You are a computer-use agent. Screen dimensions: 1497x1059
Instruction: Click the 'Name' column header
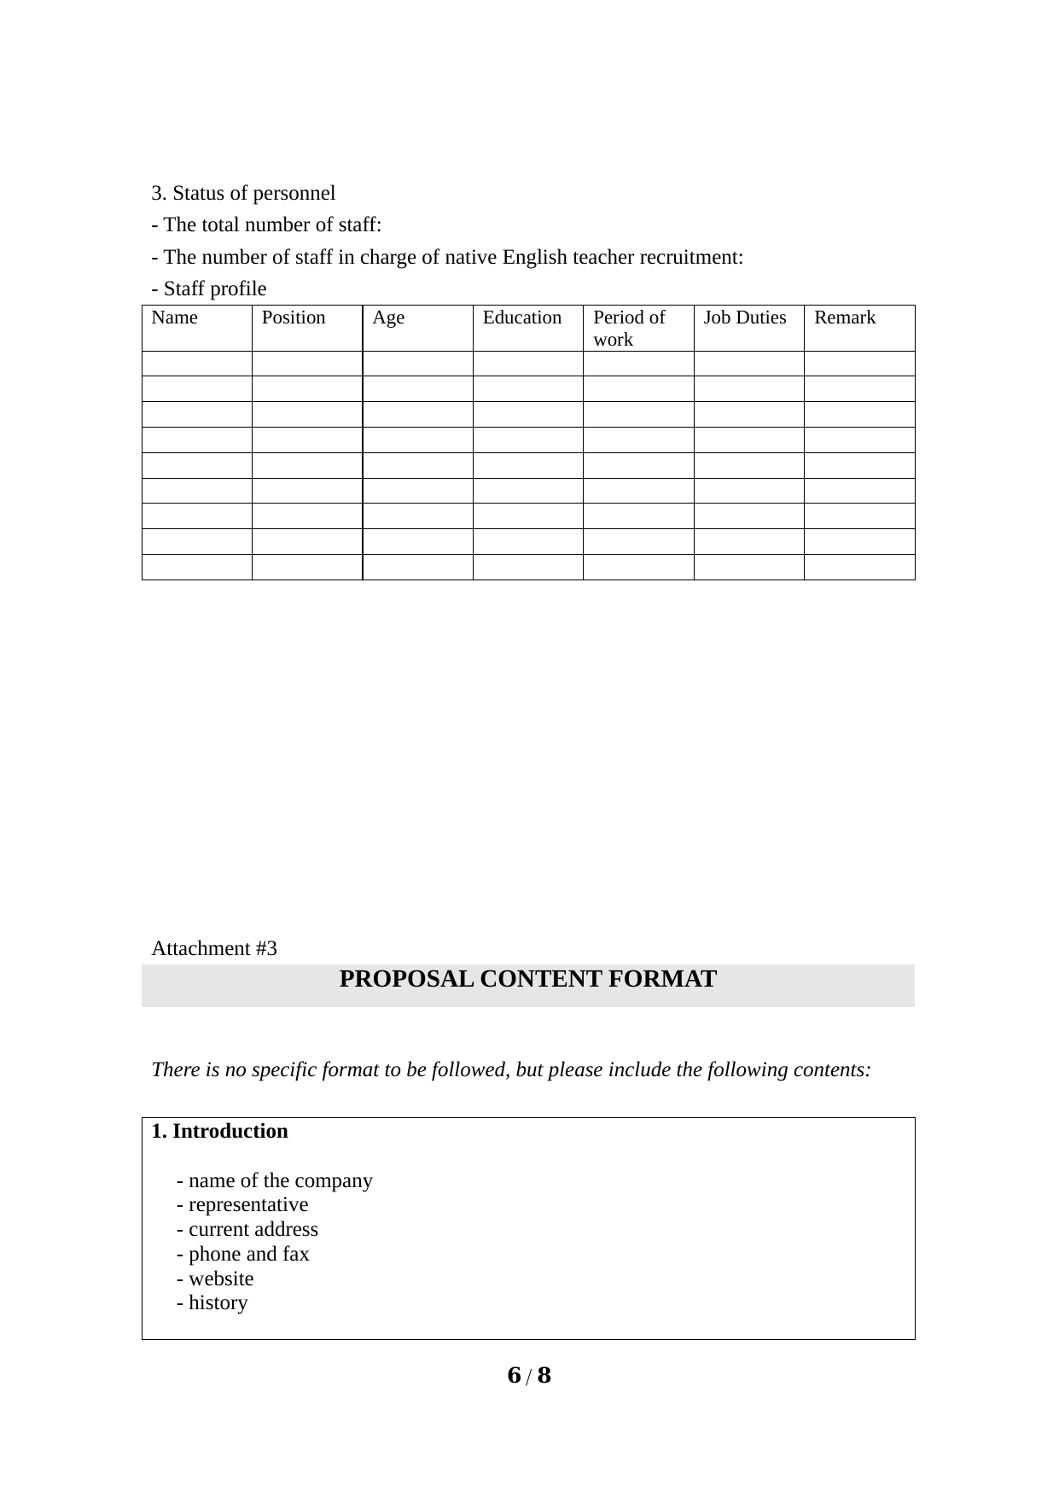click(x=174, y=318)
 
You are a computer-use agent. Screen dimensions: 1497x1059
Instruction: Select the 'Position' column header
click(x=294, y=318)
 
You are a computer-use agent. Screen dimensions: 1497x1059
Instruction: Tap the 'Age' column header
click(x=388, y=318)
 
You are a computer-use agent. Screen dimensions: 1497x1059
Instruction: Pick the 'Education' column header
click(x=522, y=318)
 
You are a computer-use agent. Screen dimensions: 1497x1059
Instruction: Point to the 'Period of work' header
click(x=629, y=329)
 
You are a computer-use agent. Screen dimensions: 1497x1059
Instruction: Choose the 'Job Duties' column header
click(x=745, y=318)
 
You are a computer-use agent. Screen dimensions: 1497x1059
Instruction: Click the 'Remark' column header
click(x=845, y=318)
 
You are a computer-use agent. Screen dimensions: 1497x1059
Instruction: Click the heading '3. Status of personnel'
click(x=243, y=194)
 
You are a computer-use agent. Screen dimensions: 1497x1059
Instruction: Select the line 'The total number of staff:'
click(x=266, y=225)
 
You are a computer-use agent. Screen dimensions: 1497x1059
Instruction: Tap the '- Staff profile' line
click(x=209, y=289)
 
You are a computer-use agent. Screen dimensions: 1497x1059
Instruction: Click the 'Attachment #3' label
click(x=214, y=949)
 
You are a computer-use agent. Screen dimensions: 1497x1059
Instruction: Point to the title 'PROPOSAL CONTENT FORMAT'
click(x=528, y=980)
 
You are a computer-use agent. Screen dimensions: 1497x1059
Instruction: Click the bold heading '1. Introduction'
click(x=220, y=1132)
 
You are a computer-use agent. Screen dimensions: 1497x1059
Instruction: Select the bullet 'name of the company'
click(x=275, y=1181)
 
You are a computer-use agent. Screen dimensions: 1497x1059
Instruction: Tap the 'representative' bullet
click(x=242, y=1205)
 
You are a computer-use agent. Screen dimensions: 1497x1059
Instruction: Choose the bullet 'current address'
click(x=247, y=1230)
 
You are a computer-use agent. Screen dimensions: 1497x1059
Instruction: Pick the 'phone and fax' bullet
click(x=243, y=1255)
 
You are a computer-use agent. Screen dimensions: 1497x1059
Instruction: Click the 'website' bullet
click(x=215, y=1279)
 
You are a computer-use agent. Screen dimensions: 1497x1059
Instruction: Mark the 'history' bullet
click(x=212, y=1303)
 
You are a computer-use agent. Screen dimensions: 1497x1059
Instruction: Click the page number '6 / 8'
click(x=529, y=1376)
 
